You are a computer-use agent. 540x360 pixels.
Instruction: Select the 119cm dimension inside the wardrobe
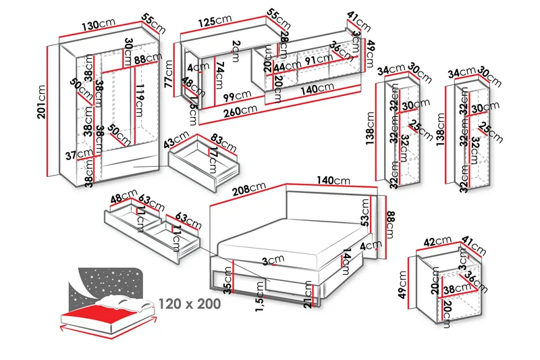coord(139,99)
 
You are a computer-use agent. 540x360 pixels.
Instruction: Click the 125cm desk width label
coord(216,21)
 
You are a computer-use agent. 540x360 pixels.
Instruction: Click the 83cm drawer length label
coord(223,143)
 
